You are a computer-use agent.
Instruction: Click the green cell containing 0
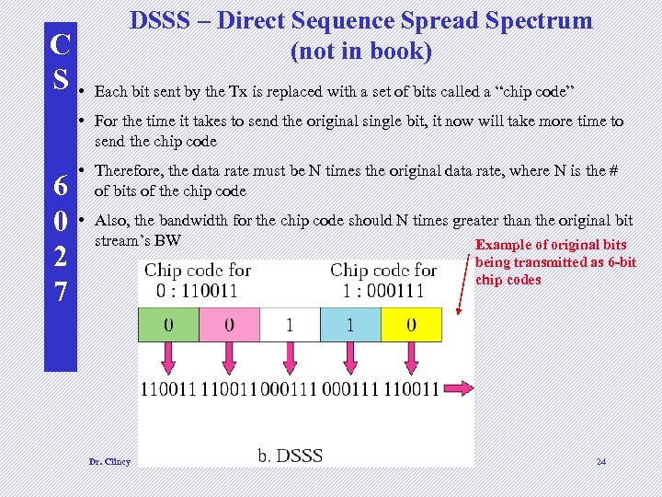[168, 325]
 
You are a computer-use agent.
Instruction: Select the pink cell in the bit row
[229, 325]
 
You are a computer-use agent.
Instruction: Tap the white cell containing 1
[290, 325]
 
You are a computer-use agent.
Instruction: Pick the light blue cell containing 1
[350, 325]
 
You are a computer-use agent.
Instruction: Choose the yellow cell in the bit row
[411, 325]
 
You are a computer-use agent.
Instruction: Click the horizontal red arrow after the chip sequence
[457, 389]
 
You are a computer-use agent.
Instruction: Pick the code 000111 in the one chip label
[393, 291]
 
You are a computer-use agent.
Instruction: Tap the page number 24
[602, 461]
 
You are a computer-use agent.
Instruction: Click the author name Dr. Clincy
[109, 461]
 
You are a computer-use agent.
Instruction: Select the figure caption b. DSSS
[290, 456]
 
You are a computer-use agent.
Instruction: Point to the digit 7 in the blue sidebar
[60, 294]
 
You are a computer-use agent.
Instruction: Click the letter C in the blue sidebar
[60, 44]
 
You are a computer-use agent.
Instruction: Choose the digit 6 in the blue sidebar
[60, 186]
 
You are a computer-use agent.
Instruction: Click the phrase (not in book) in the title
[360, 52]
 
